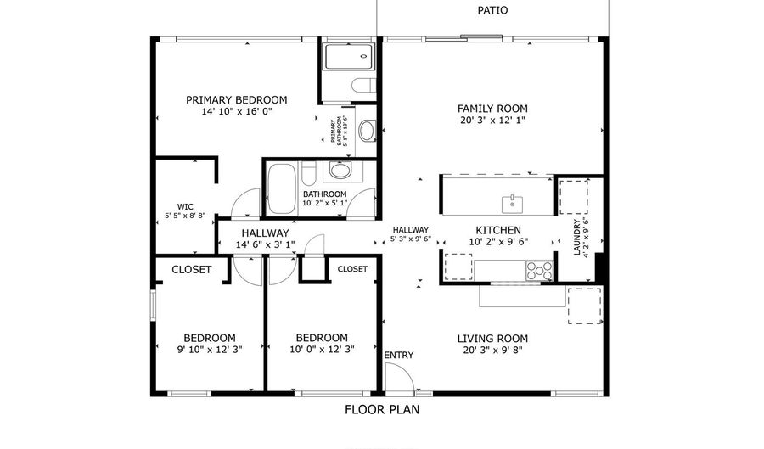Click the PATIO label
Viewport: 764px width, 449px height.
[x=492, y=10]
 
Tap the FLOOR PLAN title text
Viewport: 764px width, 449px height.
[x=381, y=409]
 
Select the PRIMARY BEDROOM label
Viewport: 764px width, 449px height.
[x=237, y=99]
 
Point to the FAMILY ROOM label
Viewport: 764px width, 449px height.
[x=492, y=108]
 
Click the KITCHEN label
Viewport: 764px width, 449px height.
[x=497, y=230]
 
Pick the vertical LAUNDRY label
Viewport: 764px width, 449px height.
[x=576, y=239]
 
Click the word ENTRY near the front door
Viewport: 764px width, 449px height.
[x=399, y=355]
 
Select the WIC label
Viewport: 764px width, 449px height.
[x=185, y=206]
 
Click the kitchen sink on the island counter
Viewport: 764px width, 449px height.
[x=513, y=203]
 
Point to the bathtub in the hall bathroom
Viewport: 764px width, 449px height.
[x=281, y=188]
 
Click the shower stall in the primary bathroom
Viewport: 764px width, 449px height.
[x=347, y=58]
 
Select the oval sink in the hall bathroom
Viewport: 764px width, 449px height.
[x=340, y=171]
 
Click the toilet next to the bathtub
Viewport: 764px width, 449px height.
[x=310, y=174]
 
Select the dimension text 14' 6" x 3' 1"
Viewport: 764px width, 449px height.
[x=265, y=245]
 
